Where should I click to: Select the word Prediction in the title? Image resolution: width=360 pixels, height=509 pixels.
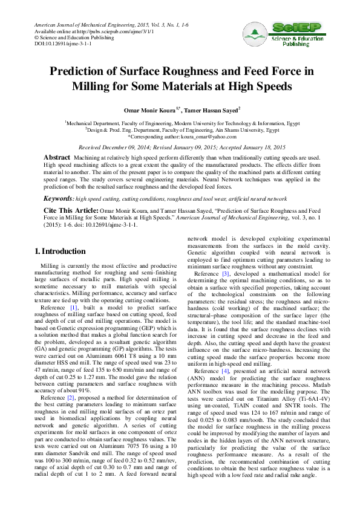(82, 72)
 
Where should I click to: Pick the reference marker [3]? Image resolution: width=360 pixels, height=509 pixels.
(226, 273)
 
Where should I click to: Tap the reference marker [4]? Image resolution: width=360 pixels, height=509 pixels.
(226, 354)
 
